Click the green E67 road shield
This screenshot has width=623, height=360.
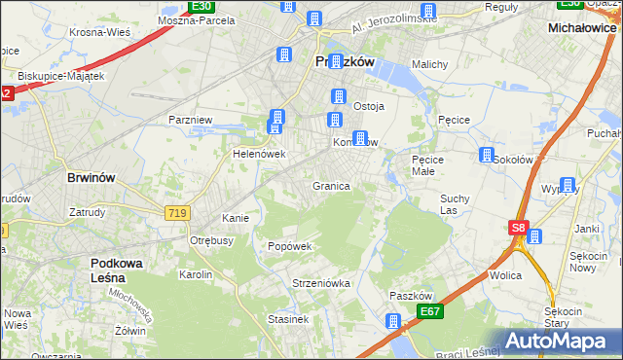pos(432,310)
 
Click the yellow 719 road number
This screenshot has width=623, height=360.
pos(176,212)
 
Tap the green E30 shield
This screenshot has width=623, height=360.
pos(202,6)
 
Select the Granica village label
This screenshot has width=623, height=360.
pos(331,186)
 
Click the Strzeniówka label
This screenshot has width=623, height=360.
pos(320,283)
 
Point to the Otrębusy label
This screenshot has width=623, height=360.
pos(211,240)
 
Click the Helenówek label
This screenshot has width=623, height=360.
pos(258,154)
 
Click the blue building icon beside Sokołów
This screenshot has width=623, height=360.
pos(486,156)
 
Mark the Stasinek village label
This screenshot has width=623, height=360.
pos(288,318)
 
